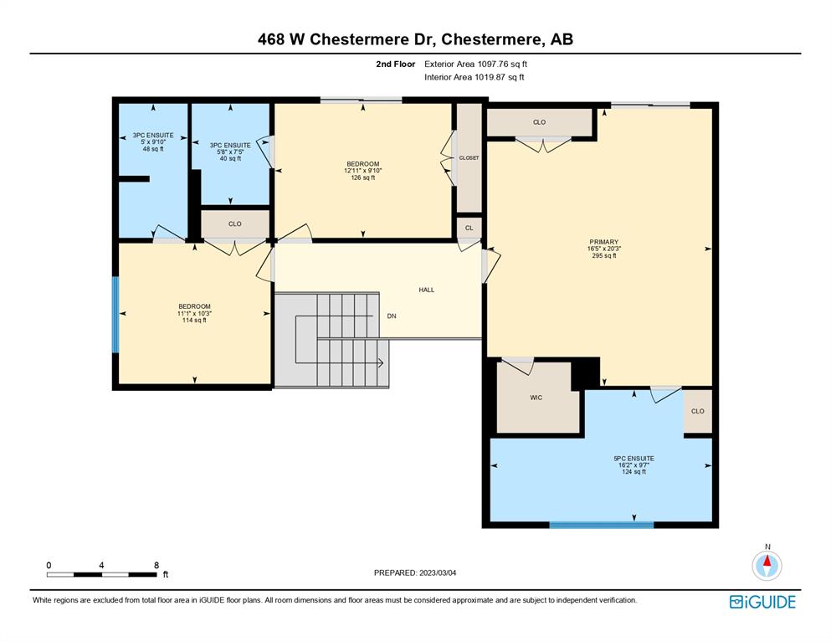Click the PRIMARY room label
point(603,242)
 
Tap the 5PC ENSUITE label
point(634,459)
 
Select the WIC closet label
point(536,398)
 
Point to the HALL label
point(427,290)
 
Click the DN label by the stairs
point(392,316)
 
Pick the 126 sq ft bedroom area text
point(363,177)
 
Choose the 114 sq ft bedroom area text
point(194,321)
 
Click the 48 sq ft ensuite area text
point(153,149)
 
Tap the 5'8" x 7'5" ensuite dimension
point(230,152)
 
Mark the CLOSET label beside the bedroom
point(469,158)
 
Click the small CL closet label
point(469,228)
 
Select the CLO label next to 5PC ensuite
point(698,411)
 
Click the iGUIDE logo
point(762,602)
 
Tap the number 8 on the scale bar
point(156,565)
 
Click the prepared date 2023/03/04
point(438,573)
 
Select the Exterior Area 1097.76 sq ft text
point(475,64)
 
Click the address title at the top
point(415,39)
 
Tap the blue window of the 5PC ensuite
point(601,525)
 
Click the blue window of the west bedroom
point(115,315)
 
